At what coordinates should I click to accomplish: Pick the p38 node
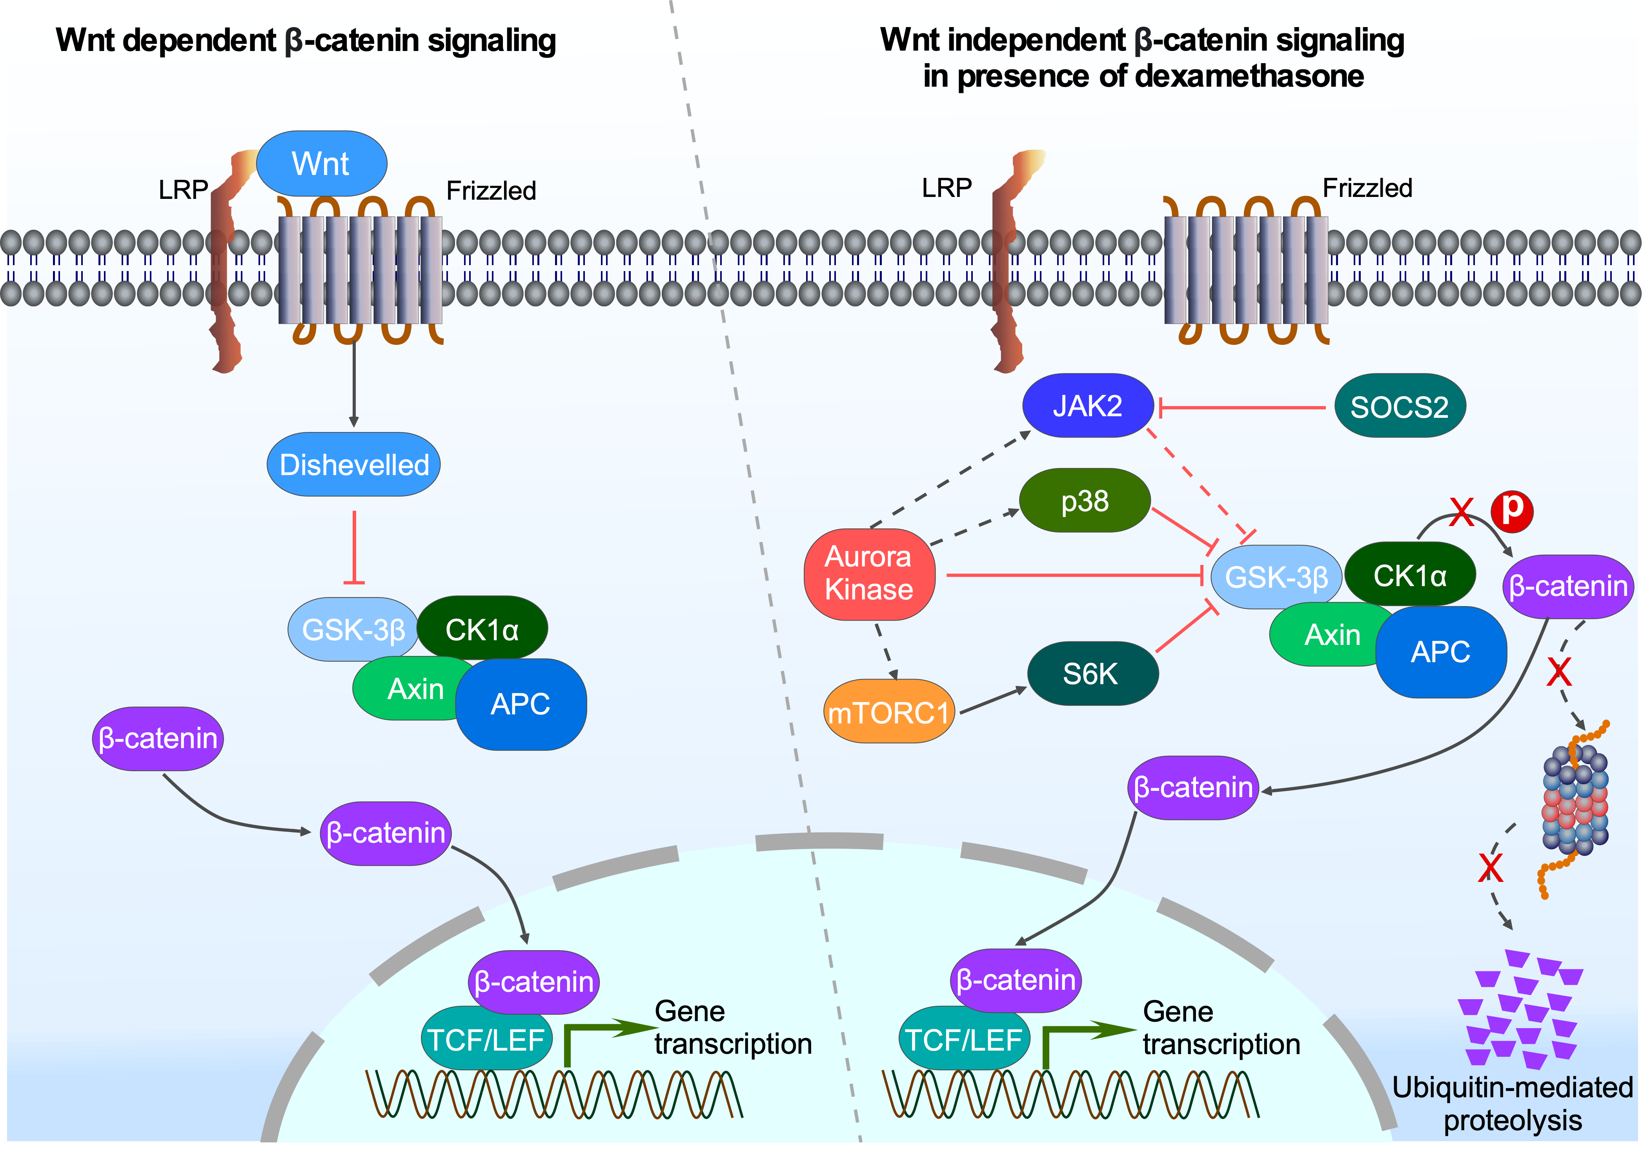[x=1085, y=501]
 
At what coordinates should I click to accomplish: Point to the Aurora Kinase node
[x=868, y=574]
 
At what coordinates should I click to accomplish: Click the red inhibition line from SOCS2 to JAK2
[x=1242, y=408]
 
